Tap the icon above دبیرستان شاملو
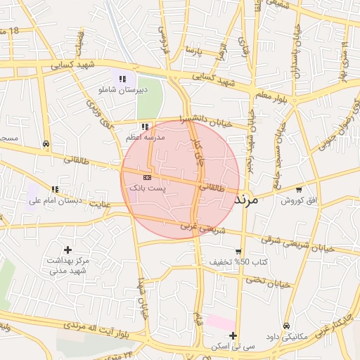point(123,79)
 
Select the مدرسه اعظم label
point(144,138)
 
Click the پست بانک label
point(146,188)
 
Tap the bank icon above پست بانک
point(146,177)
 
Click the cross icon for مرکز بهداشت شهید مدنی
point(67,250)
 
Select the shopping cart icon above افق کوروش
point(300,189)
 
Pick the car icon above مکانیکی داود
point(288,326)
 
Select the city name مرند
point(245,200)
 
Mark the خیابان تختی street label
point(267,282)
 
